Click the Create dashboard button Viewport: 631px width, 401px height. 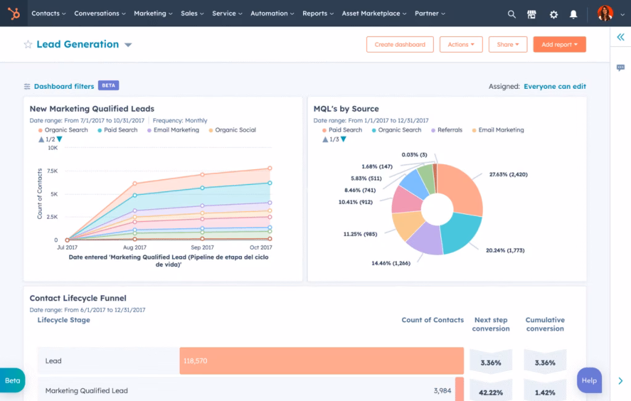pos(400,44)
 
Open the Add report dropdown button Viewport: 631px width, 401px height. pos(559,44)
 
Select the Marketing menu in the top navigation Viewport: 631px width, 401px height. pos(153,13)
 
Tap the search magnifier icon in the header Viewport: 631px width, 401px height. pos(511,14)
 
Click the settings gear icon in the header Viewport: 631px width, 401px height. pos(553,14)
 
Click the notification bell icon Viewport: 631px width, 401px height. pos(574,14)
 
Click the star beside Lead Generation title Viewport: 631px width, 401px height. pos(28,44)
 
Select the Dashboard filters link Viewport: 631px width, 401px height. pos(63,86)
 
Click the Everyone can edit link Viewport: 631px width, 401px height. pos(555,86)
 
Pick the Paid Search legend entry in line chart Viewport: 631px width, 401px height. pos(120,130)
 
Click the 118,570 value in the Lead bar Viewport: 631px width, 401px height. pos(195,361)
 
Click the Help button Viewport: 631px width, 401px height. pos(588,380)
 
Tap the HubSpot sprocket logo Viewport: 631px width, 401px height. pos(13,13)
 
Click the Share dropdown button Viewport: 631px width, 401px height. pos(508,44)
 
